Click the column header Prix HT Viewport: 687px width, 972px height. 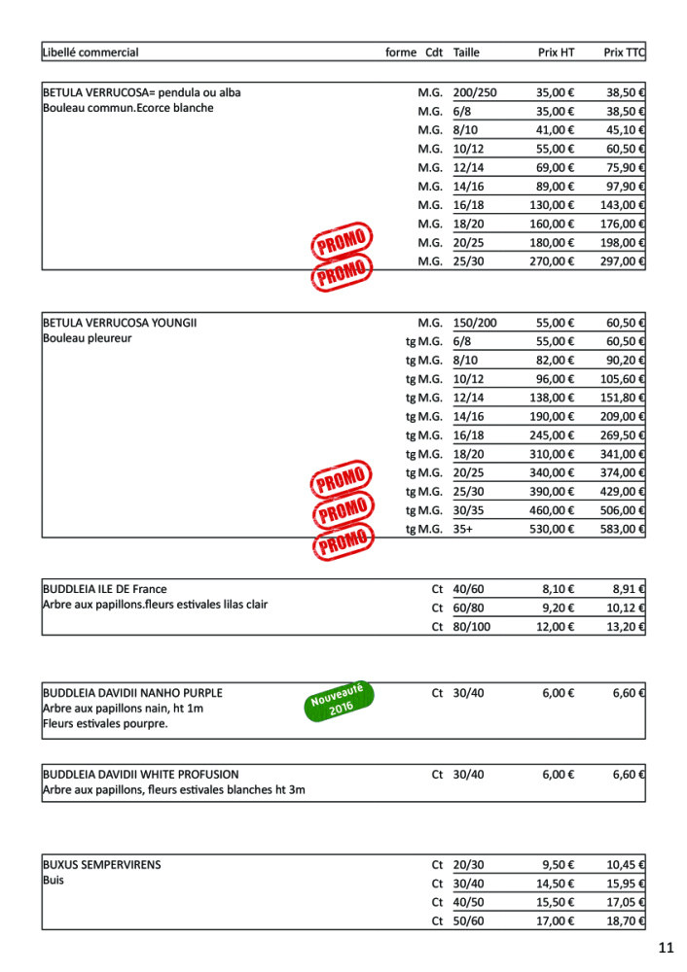[556, 52]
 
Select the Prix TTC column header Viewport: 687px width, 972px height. [624, 52]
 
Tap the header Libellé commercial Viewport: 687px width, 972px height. [90, 52]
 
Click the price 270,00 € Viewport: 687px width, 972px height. [552, 260]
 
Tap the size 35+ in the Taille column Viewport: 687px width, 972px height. [464, 530]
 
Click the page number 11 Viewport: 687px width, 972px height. [666, 948]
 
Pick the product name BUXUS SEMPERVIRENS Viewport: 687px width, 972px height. [102, 864]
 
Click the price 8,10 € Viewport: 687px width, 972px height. [558, 589]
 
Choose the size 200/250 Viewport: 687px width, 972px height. [475, 93]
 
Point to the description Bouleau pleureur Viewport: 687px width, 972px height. [88, 339]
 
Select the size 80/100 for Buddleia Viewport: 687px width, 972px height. [472, 627]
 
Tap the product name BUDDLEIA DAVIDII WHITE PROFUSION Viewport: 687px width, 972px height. [140, 775]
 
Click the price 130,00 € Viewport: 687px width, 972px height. [552, 205]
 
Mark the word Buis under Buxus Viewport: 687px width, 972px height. [53, 881]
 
